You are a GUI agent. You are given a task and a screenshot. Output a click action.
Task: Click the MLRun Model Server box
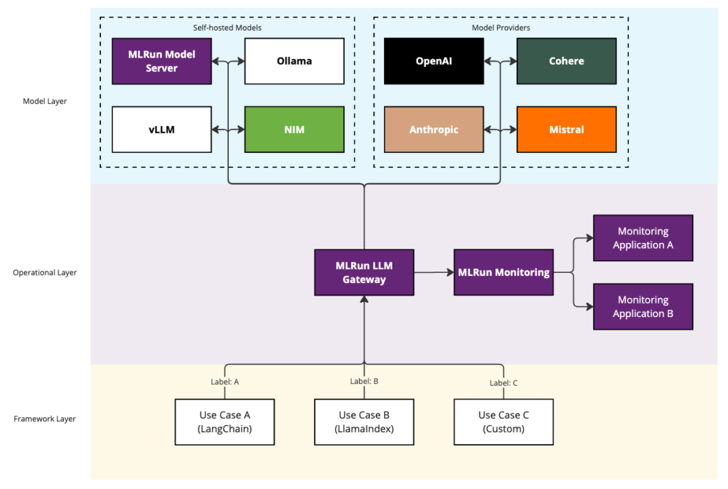161,61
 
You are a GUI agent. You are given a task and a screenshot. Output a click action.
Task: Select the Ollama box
294,61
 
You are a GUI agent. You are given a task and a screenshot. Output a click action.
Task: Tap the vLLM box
161,129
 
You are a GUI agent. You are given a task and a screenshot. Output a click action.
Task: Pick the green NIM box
294,129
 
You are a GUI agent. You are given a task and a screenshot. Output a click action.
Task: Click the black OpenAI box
434,61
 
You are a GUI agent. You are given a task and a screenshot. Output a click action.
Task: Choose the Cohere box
566,61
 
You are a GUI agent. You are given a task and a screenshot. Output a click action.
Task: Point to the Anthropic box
434,129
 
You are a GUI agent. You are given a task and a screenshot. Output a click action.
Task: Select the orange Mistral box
566,129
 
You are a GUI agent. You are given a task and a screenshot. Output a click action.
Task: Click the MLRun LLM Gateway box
364,272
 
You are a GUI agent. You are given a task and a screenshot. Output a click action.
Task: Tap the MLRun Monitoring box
503,272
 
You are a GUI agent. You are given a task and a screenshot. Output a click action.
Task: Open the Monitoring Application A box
643,238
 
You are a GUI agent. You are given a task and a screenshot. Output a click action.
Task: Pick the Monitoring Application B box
643,306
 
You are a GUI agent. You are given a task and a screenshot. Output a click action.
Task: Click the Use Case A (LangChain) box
225,421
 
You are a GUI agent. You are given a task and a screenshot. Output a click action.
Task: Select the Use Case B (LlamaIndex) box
364,421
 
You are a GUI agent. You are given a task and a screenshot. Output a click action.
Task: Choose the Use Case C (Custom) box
503,421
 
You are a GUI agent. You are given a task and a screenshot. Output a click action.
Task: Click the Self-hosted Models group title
227,27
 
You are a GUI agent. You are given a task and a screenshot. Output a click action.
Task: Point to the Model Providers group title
500,27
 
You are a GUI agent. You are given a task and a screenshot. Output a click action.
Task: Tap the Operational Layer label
44,272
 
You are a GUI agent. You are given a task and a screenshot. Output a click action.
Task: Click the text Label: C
503,382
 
